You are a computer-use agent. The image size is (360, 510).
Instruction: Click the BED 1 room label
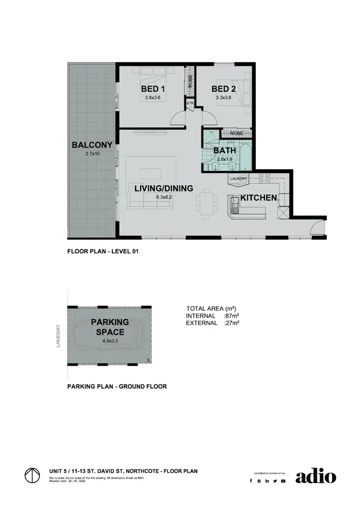pos(153,89)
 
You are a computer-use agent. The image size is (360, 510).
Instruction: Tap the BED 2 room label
pos(224,89)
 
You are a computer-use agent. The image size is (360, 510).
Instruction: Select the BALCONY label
pos(92,145)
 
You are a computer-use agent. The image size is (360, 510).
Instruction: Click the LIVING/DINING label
pos(164,188)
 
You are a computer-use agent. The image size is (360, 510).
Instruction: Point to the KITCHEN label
pos(258,197)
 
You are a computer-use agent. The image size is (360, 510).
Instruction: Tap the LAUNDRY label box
pos(239,179)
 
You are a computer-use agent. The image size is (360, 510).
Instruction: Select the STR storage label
pos(190,103)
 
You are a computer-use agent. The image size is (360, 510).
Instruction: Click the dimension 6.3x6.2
pos(164,197)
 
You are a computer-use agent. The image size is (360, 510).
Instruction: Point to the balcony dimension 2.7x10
pos(92,154)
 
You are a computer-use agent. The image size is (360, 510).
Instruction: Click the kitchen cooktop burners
pos(264,178)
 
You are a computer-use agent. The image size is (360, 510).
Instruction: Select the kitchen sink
pos(235,205)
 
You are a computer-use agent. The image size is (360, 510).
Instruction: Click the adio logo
pos(315,476)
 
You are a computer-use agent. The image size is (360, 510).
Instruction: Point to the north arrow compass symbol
pos(32,476)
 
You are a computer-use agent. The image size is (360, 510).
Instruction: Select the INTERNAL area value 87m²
pos(232,316)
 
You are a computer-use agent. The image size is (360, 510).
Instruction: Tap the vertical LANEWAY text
pos(58,336)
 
